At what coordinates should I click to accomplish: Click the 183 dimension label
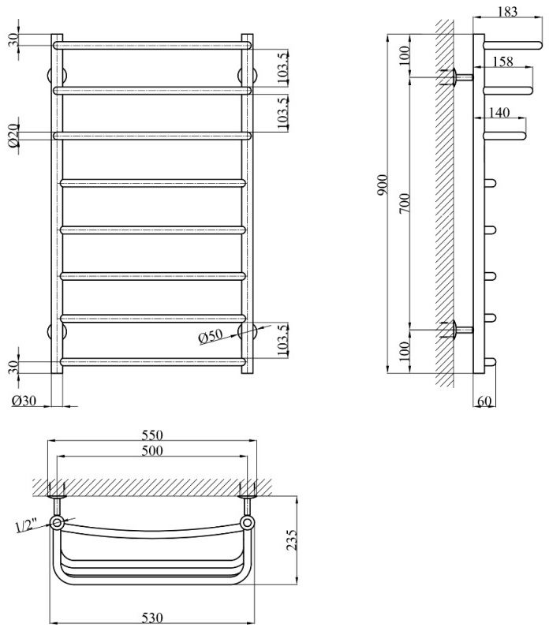509,11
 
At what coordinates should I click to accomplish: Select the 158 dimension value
503,62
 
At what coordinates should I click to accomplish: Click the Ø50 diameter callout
212,337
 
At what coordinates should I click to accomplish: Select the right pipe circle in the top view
248,522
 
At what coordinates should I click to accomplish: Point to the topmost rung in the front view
152,46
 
